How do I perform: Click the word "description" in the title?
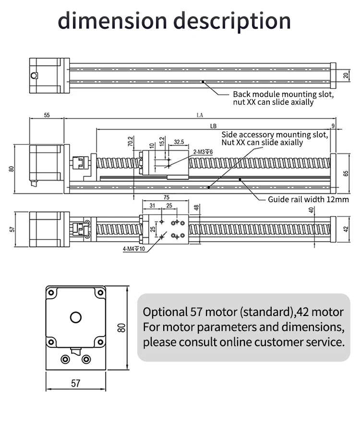(x=231, y=22)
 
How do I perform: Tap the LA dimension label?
(x=200, y=115)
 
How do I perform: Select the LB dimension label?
(x=213, y=126)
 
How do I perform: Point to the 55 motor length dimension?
(x=47, y=115)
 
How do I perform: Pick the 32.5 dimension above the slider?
(x=179, y=142)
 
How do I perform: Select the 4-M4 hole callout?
(x=130, y=249)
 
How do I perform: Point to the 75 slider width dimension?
(x=166, y=197)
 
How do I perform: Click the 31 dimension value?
(x=152, y=206)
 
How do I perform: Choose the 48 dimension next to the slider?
(x=196, y=207)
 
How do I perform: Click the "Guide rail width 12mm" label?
(x=308, y=199)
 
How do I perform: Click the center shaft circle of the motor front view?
(x=75, y=317)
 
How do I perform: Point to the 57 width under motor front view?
(x=75, y=383)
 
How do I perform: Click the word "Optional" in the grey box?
(x=163, y=312)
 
